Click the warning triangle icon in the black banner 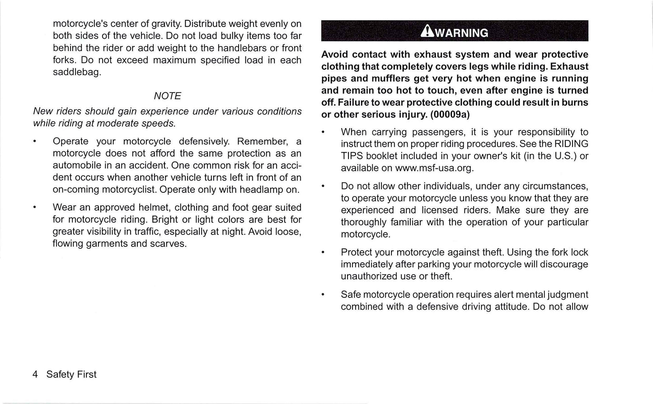point(426,32)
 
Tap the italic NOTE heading point(167,96)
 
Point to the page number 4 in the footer point(35,375)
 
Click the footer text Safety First point(71,375)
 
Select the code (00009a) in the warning point(450,115)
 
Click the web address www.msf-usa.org point(434,168)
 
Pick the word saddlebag point(76,72)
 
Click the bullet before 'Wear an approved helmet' point(35,208)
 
